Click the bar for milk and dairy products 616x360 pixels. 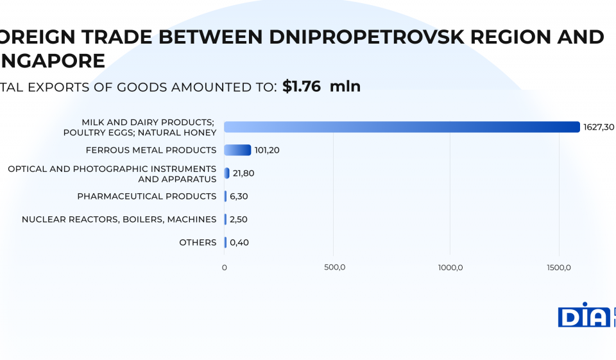point(402,127)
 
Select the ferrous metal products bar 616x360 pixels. point(237,150)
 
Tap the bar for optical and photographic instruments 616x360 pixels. point(227,173)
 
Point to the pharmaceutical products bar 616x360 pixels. point(225,196)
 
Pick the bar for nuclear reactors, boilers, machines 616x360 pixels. point(225,219)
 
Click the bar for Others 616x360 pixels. point(225,243)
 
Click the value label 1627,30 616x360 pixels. point(599,127)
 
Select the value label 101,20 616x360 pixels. point(267,150)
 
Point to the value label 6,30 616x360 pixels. point(239,196)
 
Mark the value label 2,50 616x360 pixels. point(239,219)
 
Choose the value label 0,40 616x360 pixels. point(239,243)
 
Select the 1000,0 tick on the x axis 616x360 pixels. point(450,267)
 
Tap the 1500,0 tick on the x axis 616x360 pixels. point(560,267)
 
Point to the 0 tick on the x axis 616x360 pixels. point(225,267)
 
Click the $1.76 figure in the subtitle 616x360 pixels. point(302,87)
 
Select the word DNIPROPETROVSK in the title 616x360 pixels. point(364,37)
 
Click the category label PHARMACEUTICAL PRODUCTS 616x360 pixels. point(147,196)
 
